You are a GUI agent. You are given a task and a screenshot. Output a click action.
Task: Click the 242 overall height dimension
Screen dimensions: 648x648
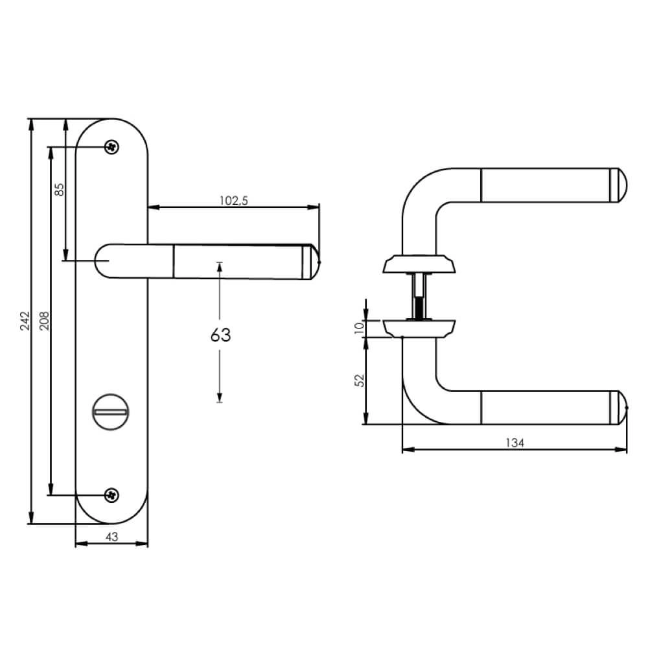24,321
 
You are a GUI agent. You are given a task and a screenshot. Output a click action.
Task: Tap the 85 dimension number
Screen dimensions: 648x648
59,190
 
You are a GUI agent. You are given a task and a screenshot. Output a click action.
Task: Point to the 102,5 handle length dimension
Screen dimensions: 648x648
234,201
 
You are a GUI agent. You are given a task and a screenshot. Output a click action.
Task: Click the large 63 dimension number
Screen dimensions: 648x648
220,335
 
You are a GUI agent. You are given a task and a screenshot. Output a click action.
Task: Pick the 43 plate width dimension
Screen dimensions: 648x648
111,537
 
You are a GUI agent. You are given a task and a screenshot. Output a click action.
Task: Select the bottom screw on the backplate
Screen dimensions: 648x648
112,495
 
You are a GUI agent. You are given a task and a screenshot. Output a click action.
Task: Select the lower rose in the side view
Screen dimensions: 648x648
419,328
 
